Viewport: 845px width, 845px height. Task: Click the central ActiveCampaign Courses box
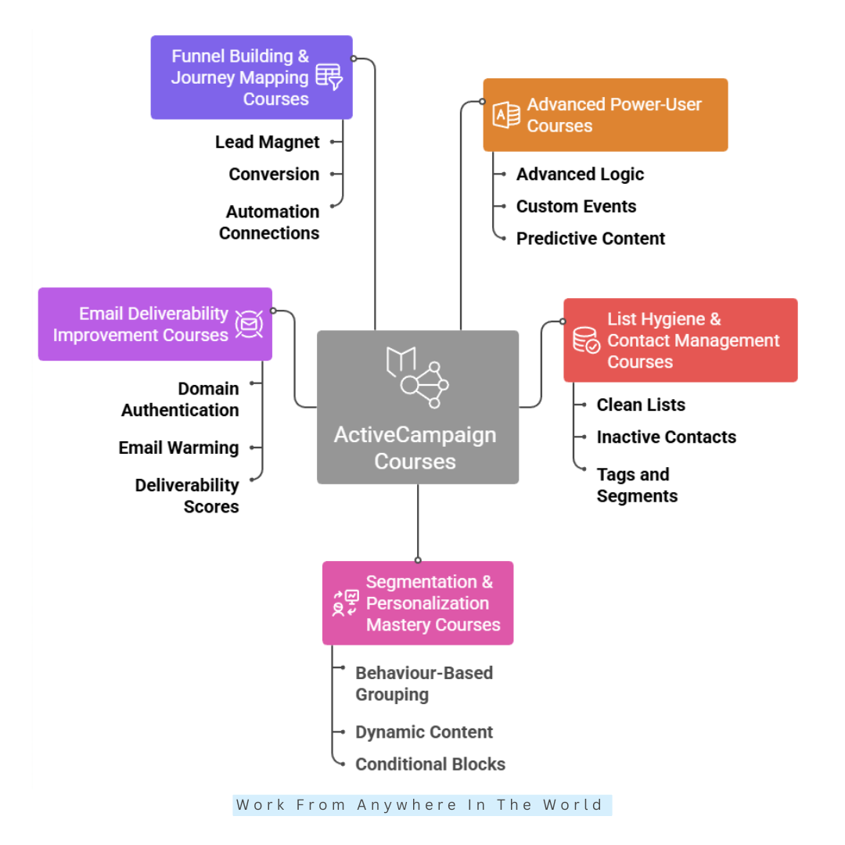click(x=417, y=407)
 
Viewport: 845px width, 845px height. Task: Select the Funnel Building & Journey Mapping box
click(x=251, y=77)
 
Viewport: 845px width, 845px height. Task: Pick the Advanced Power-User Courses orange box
click(x=605, y=115)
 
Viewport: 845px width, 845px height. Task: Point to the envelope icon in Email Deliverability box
click(x=249, y=324)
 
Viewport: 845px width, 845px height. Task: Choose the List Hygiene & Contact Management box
click(x=680, y=340)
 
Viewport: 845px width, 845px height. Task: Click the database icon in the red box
click(x=586, y=340)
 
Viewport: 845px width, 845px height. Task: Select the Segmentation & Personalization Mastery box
click(x=418, y=603)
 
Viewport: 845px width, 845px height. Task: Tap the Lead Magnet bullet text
click(x=268, y=142)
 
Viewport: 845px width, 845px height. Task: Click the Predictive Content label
click(x=590, y=239)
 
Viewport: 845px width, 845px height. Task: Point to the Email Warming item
click(x=179, y=448)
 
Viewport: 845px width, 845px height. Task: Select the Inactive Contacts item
click(x=666, y=437)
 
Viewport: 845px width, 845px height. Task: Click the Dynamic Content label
click(x=424, y=732)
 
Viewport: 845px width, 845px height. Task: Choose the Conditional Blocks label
click(x=430, y=764)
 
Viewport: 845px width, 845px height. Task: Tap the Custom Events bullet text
click(x=576, y=207)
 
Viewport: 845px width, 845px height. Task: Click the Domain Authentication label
click(x=181, y=399)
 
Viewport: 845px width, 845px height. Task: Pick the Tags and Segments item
click(x=636, y=485)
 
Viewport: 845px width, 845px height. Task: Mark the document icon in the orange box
click(x=506, y=115)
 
